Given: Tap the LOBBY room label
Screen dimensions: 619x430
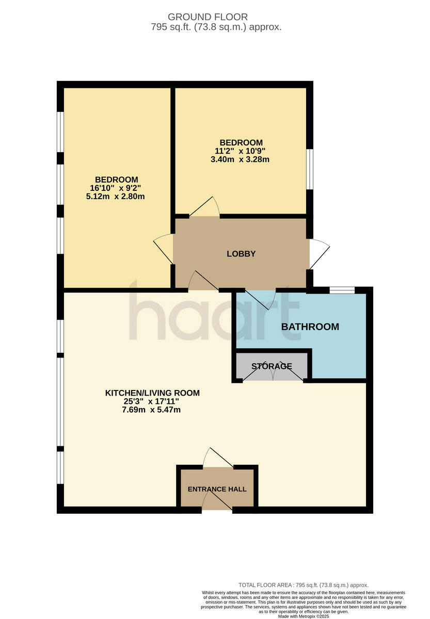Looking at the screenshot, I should click(241, 254).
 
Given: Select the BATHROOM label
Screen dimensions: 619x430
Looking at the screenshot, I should click(310, 327).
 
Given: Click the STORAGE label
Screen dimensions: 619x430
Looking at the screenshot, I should click(272, 366).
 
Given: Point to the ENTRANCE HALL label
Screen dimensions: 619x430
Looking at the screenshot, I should click(217, 489).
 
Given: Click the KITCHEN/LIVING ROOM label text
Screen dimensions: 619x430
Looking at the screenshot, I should click(152, 393).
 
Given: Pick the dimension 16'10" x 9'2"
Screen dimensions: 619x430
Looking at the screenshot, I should click(116, 188).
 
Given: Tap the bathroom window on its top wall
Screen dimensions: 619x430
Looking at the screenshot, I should click(342, 290).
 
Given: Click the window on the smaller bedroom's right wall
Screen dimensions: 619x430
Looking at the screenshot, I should click(309, 169).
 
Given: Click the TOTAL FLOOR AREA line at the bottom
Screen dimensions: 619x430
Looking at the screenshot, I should click(303, 585).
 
